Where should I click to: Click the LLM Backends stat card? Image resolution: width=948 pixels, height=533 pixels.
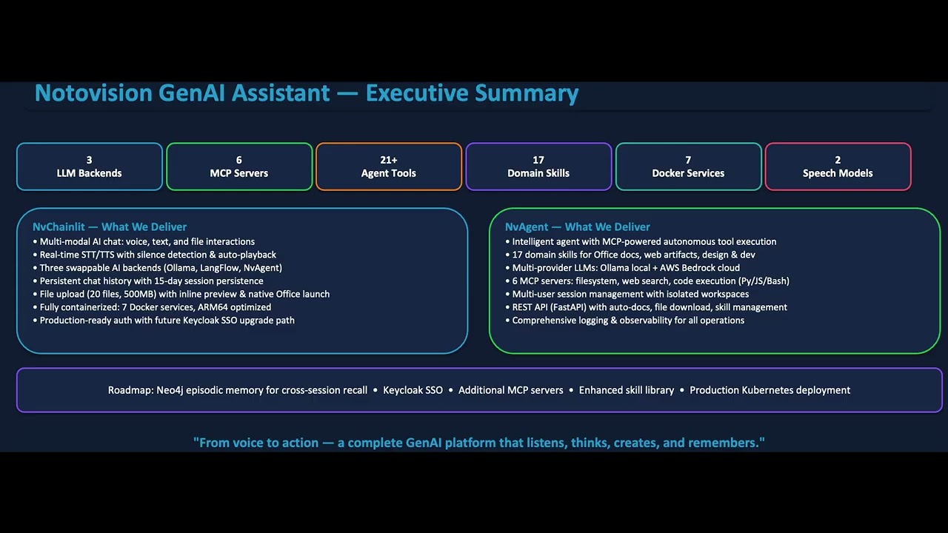pyautogui.click(x=90, y=167)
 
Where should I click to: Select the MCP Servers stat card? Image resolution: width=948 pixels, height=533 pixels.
pyautogui.click(x=239, y=167)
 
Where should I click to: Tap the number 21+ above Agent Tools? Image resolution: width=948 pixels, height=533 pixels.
pyautogui.click(x=389, y=160)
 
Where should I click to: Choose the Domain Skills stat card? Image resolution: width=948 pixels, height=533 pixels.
pyautogui.click(x=538, y=167)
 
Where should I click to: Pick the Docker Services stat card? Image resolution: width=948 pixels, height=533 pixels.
pyautogui.click(x=688, y=167)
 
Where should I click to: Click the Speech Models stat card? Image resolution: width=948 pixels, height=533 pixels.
pyautogui.click(x=838, y=167)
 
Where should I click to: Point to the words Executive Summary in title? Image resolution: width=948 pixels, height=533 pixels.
pyautogui.click(x=472, y=93)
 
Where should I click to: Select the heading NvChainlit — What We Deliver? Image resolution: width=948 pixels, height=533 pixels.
pyautogui.click(x=110, y=227)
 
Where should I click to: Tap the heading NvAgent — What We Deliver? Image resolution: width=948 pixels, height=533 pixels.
pyautogui.click(x=578, y=227)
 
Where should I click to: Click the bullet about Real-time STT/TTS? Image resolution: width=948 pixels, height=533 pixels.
pyautogui.click(x=158, y=255)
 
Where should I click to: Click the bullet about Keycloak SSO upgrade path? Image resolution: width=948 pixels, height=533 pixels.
pyautogui.click(x=167, y=321)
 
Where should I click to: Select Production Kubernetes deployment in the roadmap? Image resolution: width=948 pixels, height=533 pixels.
pyautogui.click(x=770, y=390)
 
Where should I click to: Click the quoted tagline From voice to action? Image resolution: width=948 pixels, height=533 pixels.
pyautogui.click(x=478, y=443)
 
